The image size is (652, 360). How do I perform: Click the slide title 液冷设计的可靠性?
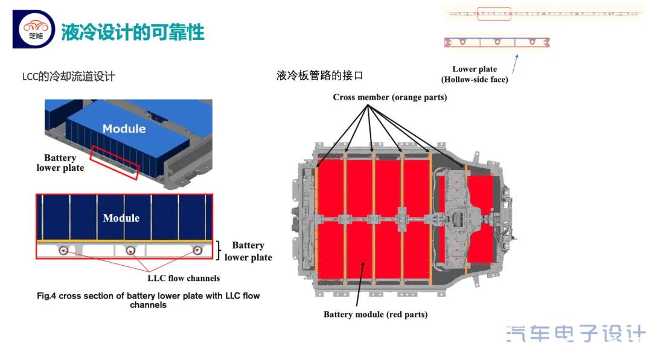133,32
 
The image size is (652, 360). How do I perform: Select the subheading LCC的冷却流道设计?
68,77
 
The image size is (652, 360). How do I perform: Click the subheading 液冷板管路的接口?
320,76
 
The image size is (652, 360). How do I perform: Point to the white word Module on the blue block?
124,129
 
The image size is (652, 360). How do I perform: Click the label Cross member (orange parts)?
390,97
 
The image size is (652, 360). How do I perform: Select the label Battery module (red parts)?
376,314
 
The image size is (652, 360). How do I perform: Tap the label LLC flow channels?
184,278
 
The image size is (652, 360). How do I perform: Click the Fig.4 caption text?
148,300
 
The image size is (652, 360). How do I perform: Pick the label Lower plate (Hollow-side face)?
475,74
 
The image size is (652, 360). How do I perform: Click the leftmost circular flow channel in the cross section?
63,249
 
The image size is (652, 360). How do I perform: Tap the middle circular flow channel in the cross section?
130,249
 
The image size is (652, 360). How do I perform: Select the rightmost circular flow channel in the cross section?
197,249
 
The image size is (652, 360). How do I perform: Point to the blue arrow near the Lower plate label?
515,63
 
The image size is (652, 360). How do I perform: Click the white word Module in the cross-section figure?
121,218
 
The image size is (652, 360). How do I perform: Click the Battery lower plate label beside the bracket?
248,251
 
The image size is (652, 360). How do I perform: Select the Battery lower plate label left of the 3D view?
60,162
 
